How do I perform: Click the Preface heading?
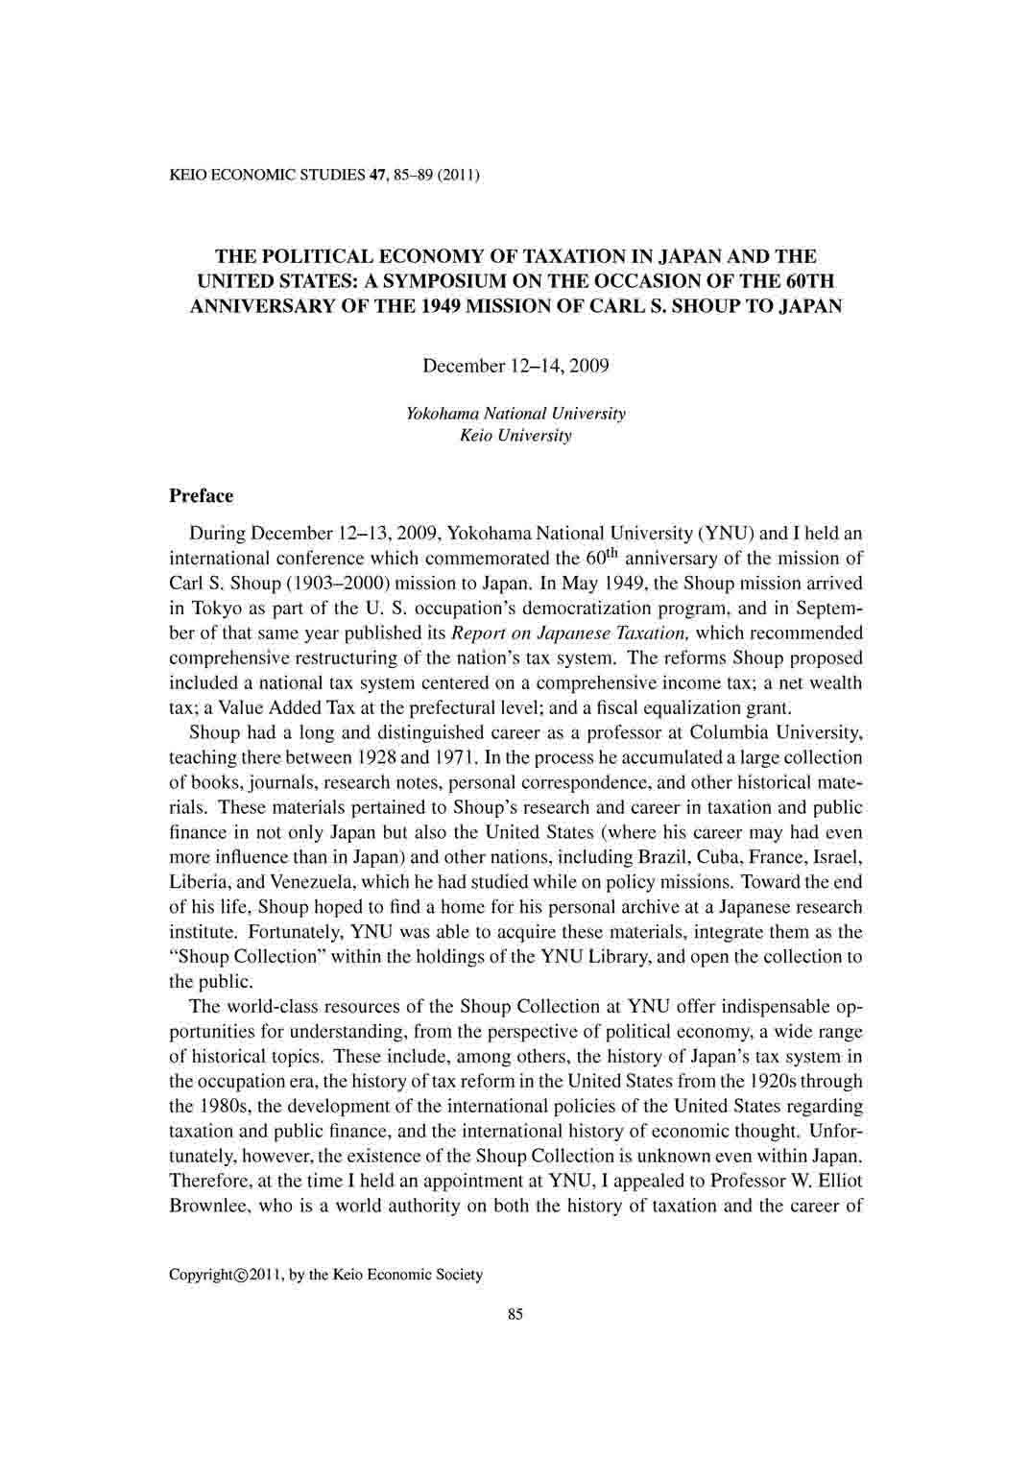[x=201, y=496]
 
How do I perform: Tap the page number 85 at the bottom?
[x=515, y=1315]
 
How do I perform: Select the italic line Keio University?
[x=515, y=436]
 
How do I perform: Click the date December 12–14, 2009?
[x=515, y=367]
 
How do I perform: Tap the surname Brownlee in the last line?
[x=209, y=1207]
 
